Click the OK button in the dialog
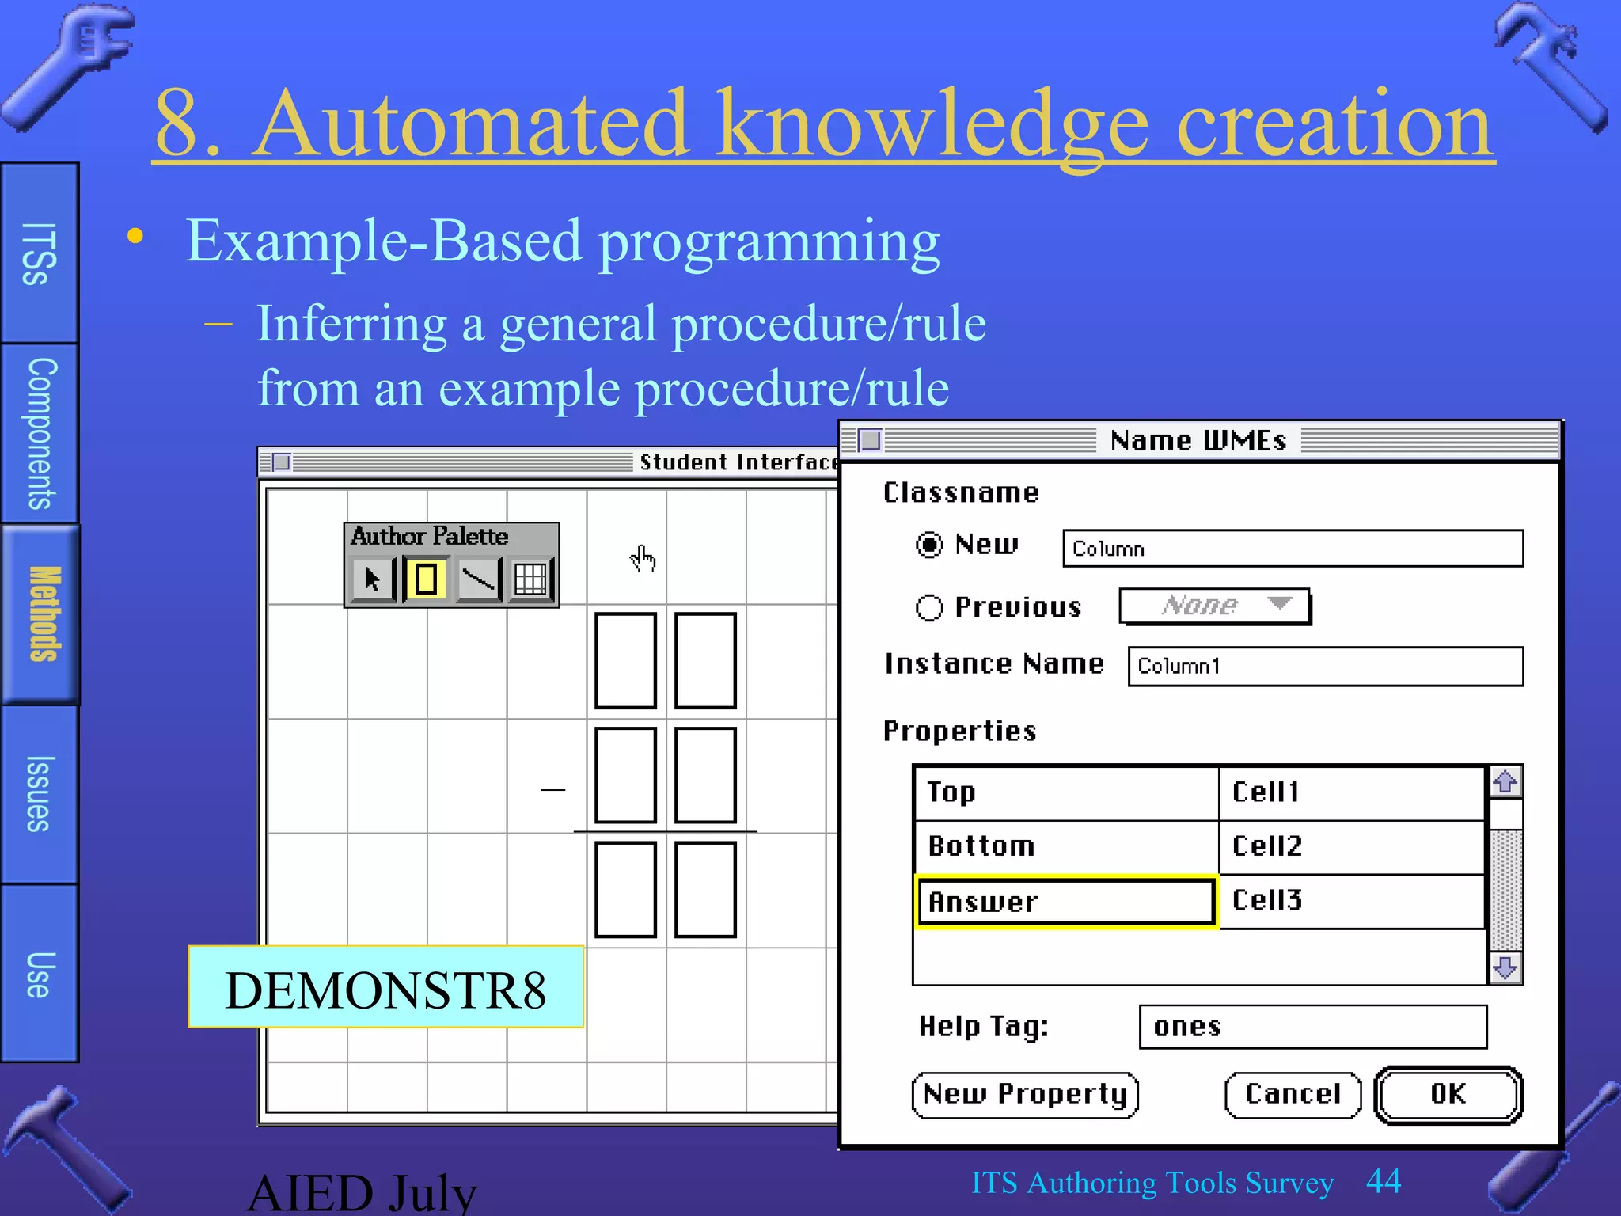click(1448, 1094)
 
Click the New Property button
click(1025, 1094)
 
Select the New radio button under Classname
click(929, 545)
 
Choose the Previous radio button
click(929, 607)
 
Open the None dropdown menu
click(1215, 606)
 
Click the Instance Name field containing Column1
click(1325, 666)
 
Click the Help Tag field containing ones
click(1312, 1027)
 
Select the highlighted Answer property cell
click(1065, 902)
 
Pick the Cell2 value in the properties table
click(1350, 846)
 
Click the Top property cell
click(1065, 792)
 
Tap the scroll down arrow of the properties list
click(1505, 967)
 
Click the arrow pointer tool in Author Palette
click(372, 579)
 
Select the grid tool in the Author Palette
click(530, 579)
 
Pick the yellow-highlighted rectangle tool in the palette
click(426, 579)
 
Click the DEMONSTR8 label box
click(385, 988)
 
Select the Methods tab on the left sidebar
click(41, 614)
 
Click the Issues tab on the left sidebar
click(40, 793)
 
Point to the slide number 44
click(1383, 1181)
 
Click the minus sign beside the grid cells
click(552, 790)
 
